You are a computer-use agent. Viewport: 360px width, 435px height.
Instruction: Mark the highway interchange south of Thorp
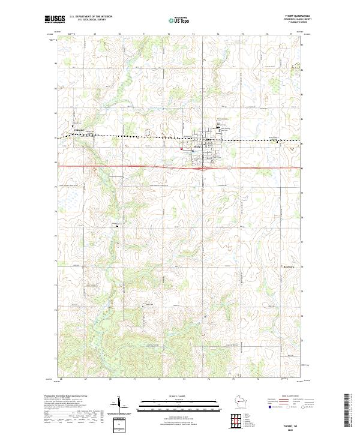(x=204, y=168)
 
